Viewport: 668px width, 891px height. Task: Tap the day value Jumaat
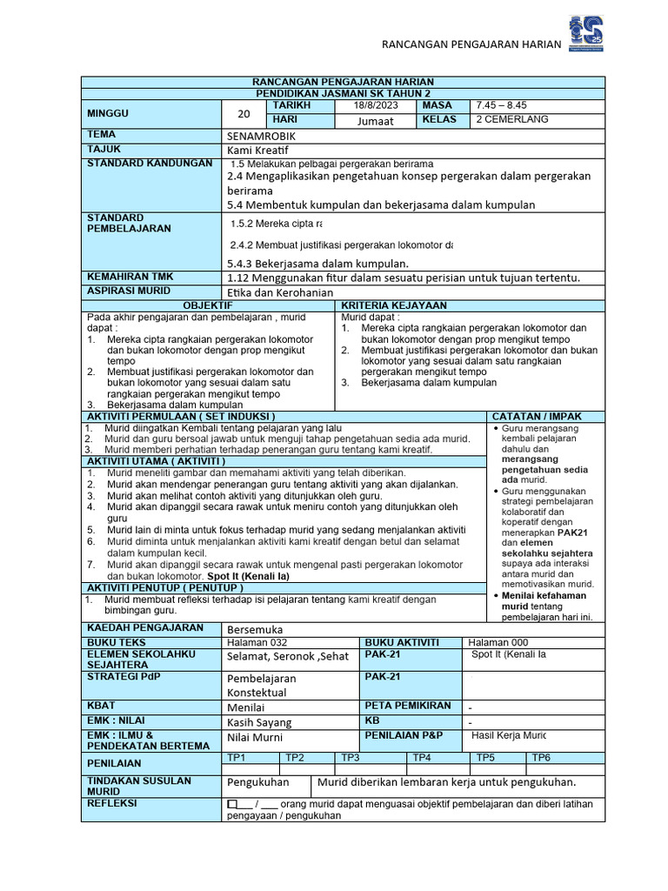pyautogui.click(x=375, y=121)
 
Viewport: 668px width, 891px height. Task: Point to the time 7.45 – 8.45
pyautogui.click(x=501, y=105)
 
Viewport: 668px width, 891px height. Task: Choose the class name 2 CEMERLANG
pyautogui.click(x=512, y=120)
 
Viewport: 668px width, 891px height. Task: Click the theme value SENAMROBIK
pyautogui.click(x=260, y=137)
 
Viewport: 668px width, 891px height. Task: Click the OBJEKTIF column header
pyautogui.click(x=208, y=305)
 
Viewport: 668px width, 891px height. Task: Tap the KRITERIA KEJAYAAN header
pyautogui.click(x=394, y=305)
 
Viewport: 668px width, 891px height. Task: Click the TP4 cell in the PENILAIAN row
pyautogui.click(x=423, y=758)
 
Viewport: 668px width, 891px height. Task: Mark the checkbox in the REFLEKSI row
pyautogui.click(x=231, y=805)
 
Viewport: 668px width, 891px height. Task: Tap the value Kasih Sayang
pyautogui.click(x=259, y=722)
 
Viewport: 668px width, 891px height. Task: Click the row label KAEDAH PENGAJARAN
pyautogui.click(x=144, y=627)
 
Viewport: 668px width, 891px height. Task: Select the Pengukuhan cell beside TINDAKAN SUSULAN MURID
pyautogui.click(x=258, y=782)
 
